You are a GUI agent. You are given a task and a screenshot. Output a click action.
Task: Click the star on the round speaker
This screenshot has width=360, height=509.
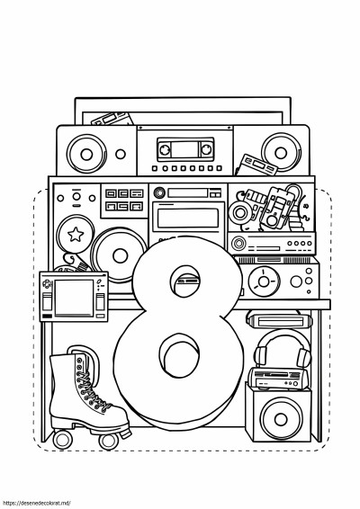click(x=76, y=234)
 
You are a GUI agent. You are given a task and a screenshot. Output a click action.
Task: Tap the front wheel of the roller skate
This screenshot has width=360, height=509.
click(x=109, y=442)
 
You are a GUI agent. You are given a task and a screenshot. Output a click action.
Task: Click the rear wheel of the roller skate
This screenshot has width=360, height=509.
click(x=63, y=440)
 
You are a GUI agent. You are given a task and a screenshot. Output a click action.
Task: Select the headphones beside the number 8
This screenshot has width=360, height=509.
click(x=283, y=349)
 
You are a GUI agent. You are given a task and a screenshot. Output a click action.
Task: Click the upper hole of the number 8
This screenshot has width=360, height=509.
click(x=185, y=281)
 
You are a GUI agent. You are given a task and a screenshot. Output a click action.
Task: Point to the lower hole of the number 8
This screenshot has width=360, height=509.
click(x=179, y=354)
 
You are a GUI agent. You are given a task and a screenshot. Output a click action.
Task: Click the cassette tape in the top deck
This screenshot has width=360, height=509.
click(x=185, y=149)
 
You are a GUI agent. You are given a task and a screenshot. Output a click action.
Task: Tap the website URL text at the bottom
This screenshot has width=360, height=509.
click(x=35, y=504)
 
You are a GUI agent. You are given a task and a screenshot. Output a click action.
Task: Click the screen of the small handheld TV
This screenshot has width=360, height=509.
click(x=74, y=298)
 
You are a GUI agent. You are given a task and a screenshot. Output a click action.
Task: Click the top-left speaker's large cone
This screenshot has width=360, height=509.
click(x=86, y=154)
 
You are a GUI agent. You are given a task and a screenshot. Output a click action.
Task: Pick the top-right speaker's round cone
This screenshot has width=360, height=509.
click(x=281, y=153)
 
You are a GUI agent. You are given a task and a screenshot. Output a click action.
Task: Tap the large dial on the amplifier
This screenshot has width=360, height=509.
click(x=264, y=281)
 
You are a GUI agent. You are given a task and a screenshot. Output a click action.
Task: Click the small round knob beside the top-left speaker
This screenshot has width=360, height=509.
click(x=121, y=154)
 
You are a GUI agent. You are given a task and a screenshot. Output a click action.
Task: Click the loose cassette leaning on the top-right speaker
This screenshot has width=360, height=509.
click(x=256, y=165)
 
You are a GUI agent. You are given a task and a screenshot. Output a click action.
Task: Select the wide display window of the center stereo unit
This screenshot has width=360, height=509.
click(x=188, y=218)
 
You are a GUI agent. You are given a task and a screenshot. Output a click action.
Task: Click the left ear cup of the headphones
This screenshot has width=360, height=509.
click(x=260, y=356)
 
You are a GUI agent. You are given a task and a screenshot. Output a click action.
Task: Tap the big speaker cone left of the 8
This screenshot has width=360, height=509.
click(x=120, y=255)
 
